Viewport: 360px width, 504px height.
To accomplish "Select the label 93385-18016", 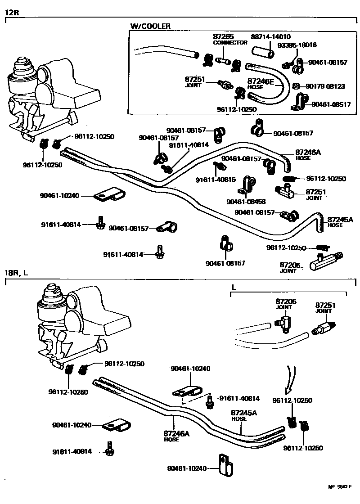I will point(297,45).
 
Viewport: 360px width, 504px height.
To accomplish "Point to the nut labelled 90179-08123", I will point(296,86).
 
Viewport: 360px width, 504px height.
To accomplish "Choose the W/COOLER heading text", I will point(150,26).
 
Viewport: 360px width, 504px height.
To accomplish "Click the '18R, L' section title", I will point(17,273).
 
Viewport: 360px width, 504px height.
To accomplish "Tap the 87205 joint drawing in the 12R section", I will point(324,261).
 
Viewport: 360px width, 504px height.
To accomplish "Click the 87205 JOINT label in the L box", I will point(284,303).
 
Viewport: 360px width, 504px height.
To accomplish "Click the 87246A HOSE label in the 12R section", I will point(308,155).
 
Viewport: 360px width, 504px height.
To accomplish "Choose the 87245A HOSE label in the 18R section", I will point(243,415).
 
